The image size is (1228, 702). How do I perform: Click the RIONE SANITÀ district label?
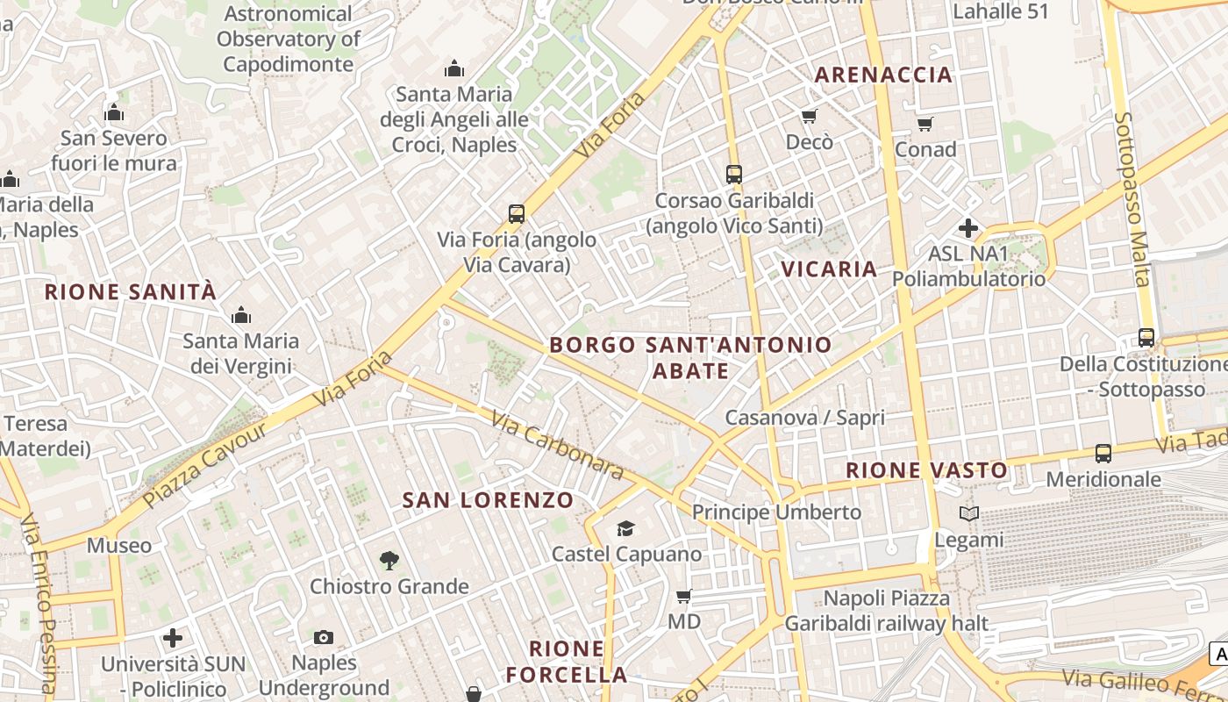tap(130, 292)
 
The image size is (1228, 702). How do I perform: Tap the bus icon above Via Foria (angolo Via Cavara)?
tap(517, 213)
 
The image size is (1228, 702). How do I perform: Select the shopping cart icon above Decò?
tap(809, 116)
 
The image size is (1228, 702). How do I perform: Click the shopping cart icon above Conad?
tap(925, 124)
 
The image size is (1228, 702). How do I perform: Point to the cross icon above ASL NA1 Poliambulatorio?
tap(968, 229)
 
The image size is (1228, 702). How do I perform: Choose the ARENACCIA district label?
tap(883, 75)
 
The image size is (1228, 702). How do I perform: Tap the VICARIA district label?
tap(829, 269)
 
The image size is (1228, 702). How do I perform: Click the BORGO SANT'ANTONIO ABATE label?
tap(690, 357)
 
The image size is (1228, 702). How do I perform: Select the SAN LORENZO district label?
tap(488, 500)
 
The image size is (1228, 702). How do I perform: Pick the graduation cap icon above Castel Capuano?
tap(625, 528)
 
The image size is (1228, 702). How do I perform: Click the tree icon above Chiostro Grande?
tap(389, 560)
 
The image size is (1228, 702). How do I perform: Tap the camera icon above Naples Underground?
tap(324, 637)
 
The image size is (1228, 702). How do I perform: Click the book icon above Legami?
tap(968, 514)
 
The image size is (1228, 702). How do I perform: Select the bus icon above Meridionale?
tap(1103, 454)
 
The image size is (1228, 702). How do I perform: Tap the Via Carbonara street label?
tap(558, 447)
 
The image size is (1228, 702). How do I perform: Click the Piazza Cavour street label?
tap(204, 465)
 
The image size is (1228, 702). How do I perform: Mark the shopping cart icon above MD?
tap(684, 596)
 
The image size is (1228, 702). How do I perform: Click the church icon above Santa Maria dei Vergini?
tap(240, 315)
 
